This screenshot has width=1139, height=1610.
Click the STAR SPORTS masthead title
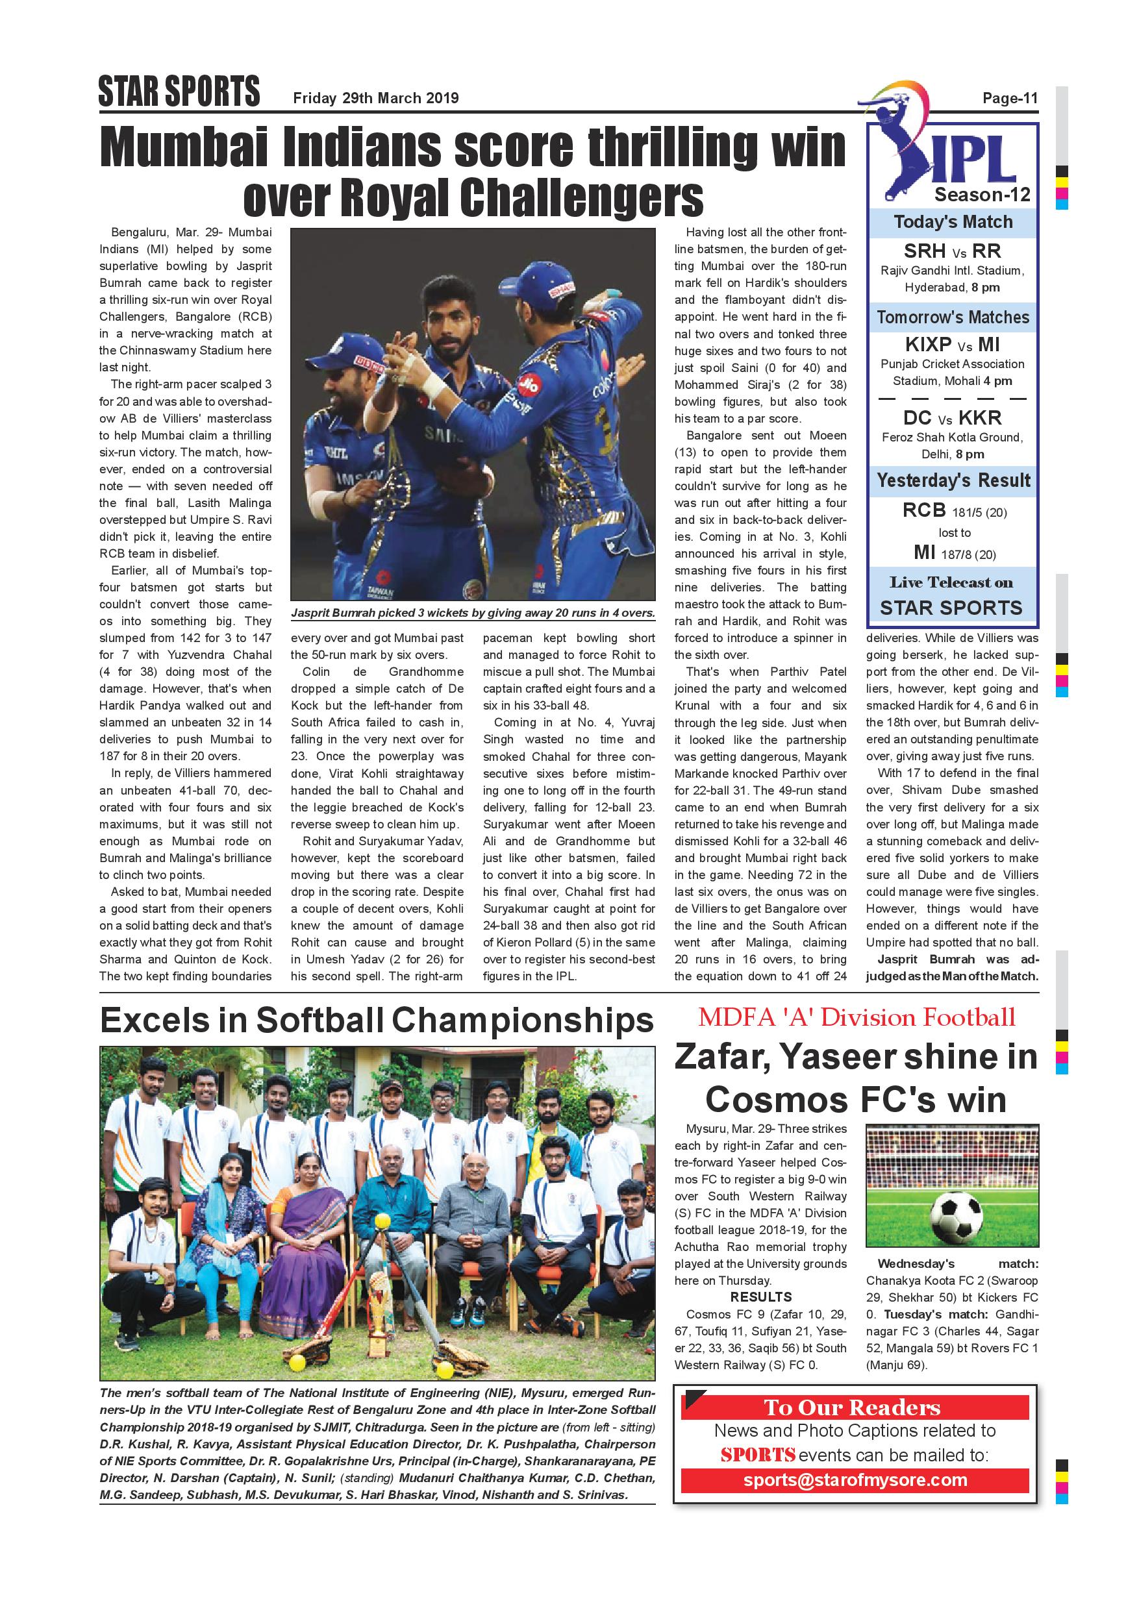pos(179,92)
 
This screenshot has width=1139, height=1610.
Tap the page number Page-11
pos(1009,98)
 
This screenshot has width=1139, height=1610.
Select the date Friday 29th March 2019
pos(375,98)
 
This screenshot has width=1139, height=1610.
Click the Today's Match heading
pos(953,222)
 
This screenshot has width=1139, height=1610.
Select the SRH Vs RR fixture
pos(952,251)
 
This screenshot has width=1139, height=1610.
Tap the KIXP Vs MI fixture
pos(952,344)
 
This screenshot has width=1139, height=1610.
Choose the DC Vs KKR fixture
pos(952,418)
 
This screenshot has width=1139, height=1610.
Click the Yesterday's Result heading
pos(953,481)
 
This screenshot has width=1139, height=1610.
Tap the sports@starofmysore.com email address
pos(855,1480)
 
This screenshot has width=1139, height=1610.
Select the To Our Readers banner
pos(853,1407)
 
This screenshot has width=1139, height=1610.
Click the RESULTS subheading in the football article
pos(760,1296)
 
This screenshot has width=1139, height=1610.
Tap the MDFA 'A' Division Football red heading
pos(856,1017)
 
